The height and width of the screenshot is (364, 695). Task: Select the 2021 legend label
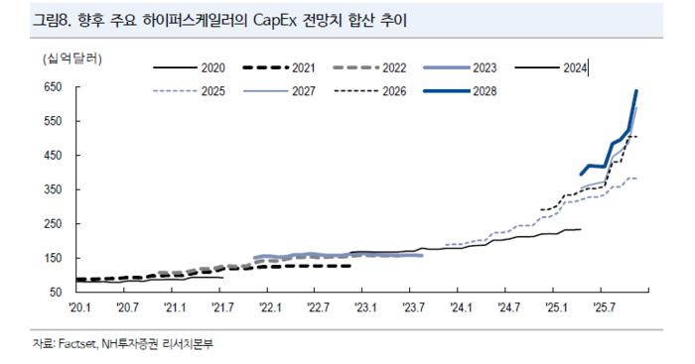(x=304, y=68)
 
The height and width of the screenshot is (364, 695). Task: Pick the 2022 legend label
(x=394, y=68)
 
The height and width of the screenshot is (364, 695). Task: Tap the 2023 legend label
(x=485, y=68)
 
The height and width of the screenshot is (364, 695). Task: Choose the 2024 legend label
(x=575, y=68)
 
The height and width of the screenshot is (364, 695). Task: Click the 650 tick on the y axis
(x=52, y=87)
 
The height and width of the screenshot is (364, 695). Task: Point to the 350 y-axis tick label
(x=52, y=189)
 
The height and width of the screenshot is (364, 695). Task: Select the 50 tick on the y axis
(x=56, y=293)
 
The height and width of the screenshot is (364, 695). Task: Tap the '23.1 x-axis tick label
(x=365, y=308)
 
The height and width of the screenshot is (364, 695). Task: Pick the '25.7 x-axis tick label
(x=604, y=308)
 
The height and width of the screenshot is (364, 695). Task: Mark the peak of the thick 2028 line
(x=636, y=91)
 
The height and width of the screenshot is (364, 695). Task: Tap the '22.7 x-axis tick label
(x=318, y=308)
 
